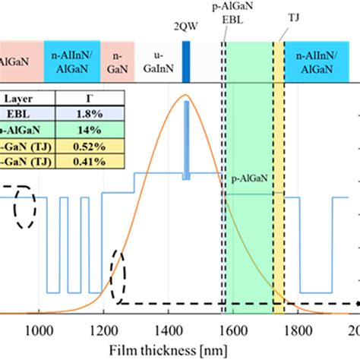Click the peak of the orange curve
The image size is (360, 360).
pos(185,96)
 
